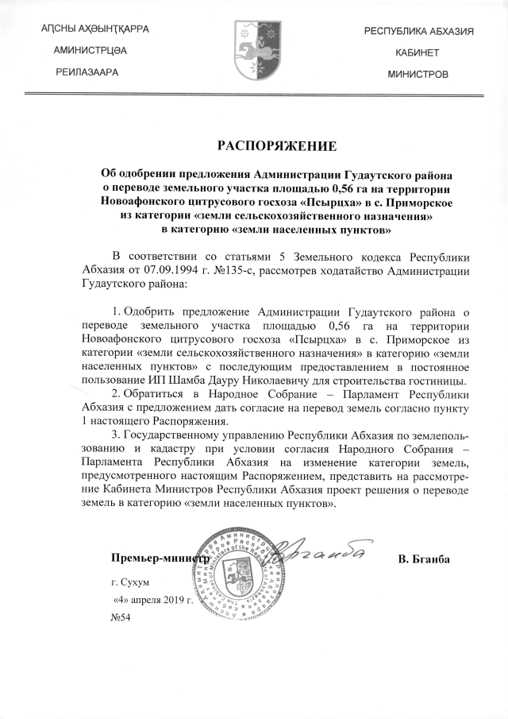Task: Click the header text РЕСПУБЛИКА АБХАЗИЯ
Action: (x=418, y=31)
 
